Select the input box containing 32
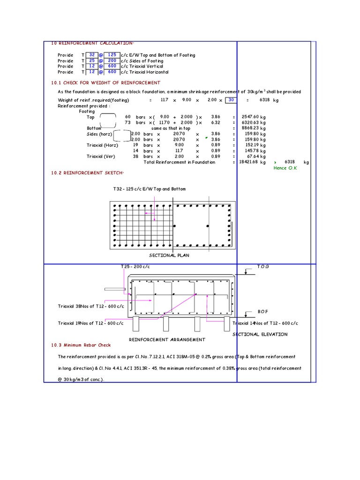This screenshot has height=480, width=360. [x=92, y=55]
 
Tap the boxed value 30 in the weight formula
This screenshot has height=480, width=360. [x=231, y=100]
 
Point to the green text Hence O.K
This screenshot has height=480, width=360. [x=285, y=168]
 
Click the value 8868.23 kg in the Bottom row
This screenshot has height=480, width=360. [x=253, y=128]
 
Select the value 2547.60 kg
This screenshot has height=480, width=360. [x=253, y=117]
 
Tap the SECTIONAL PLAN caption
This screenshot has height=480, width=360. [x=169, y=255]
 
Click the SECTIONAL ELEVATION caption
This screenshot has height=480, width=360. [x=260, y=334]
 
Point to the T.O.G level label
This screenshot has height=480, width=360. [x=263, y=266]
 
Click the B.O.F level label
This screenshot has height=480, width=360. [x=262, y=311]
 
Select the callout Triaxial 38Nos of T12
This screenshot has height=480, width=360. [x=91, y=306]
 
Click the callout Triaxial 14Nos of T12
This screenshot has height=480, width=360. [x=265, y=323]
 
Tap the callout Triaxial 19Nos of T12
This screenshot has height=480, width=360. [x=91, y=323]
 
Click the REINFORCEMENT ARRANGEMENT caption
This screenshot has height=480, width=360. [x=167, y=339]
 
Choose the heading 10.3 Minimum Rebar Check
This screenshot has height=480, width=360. [x=81, y=345]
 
